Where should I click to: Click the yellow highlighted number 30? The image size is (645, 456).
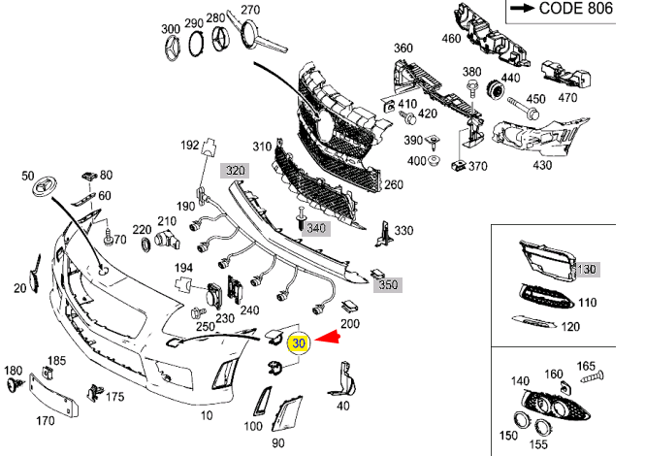299,342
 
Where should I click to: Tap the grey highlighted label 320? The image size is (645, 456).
235,170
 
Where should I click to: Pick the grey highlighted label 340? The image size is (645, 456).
317,229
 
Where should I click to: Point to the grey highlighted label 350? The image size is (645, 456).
388,285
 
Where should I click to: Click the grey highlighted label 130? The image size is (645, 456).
588,269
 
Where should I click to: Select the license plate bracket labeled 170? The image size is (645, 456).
46,395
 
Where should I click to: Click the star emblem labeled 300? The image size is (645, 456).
171,49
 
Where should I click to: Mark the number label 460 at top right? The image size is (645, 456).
451,39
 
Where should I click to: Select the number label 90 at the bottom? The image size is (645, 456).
277,443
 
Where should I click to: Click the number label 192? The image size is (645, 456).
190,146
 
